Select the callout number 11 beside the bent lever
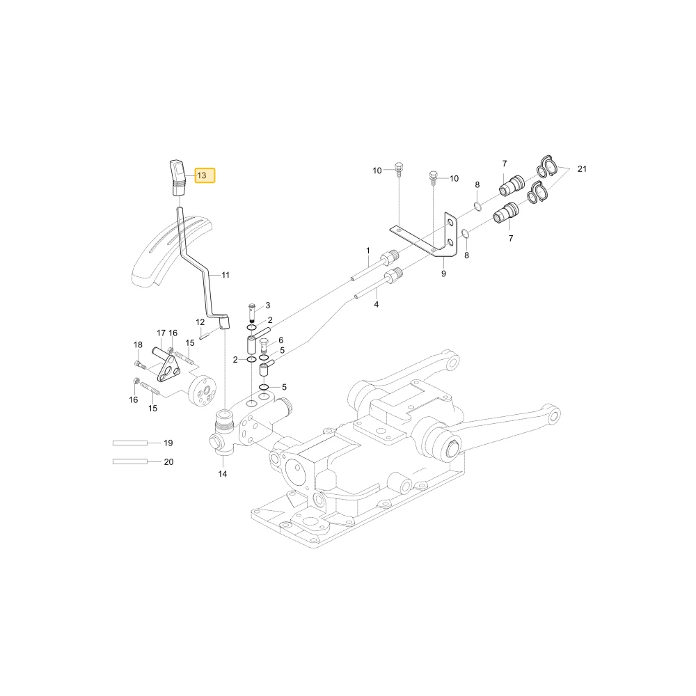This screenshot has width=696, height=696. click(226, 275)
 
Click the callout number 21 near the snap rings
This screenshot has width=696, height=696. click(582, 168)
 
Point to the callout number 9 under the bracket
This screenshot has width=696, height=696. click(443, 274)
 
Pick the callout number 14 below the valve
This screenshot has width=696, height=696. click(223, 474)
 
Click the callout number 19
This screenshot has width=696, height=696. click(168, 443)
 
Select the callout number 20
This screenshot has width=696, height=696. click(168, 462)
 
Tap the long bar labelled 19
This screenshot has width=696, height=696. click(130, 443)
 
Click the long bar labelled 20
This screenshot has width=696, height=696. click(130, 462)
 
